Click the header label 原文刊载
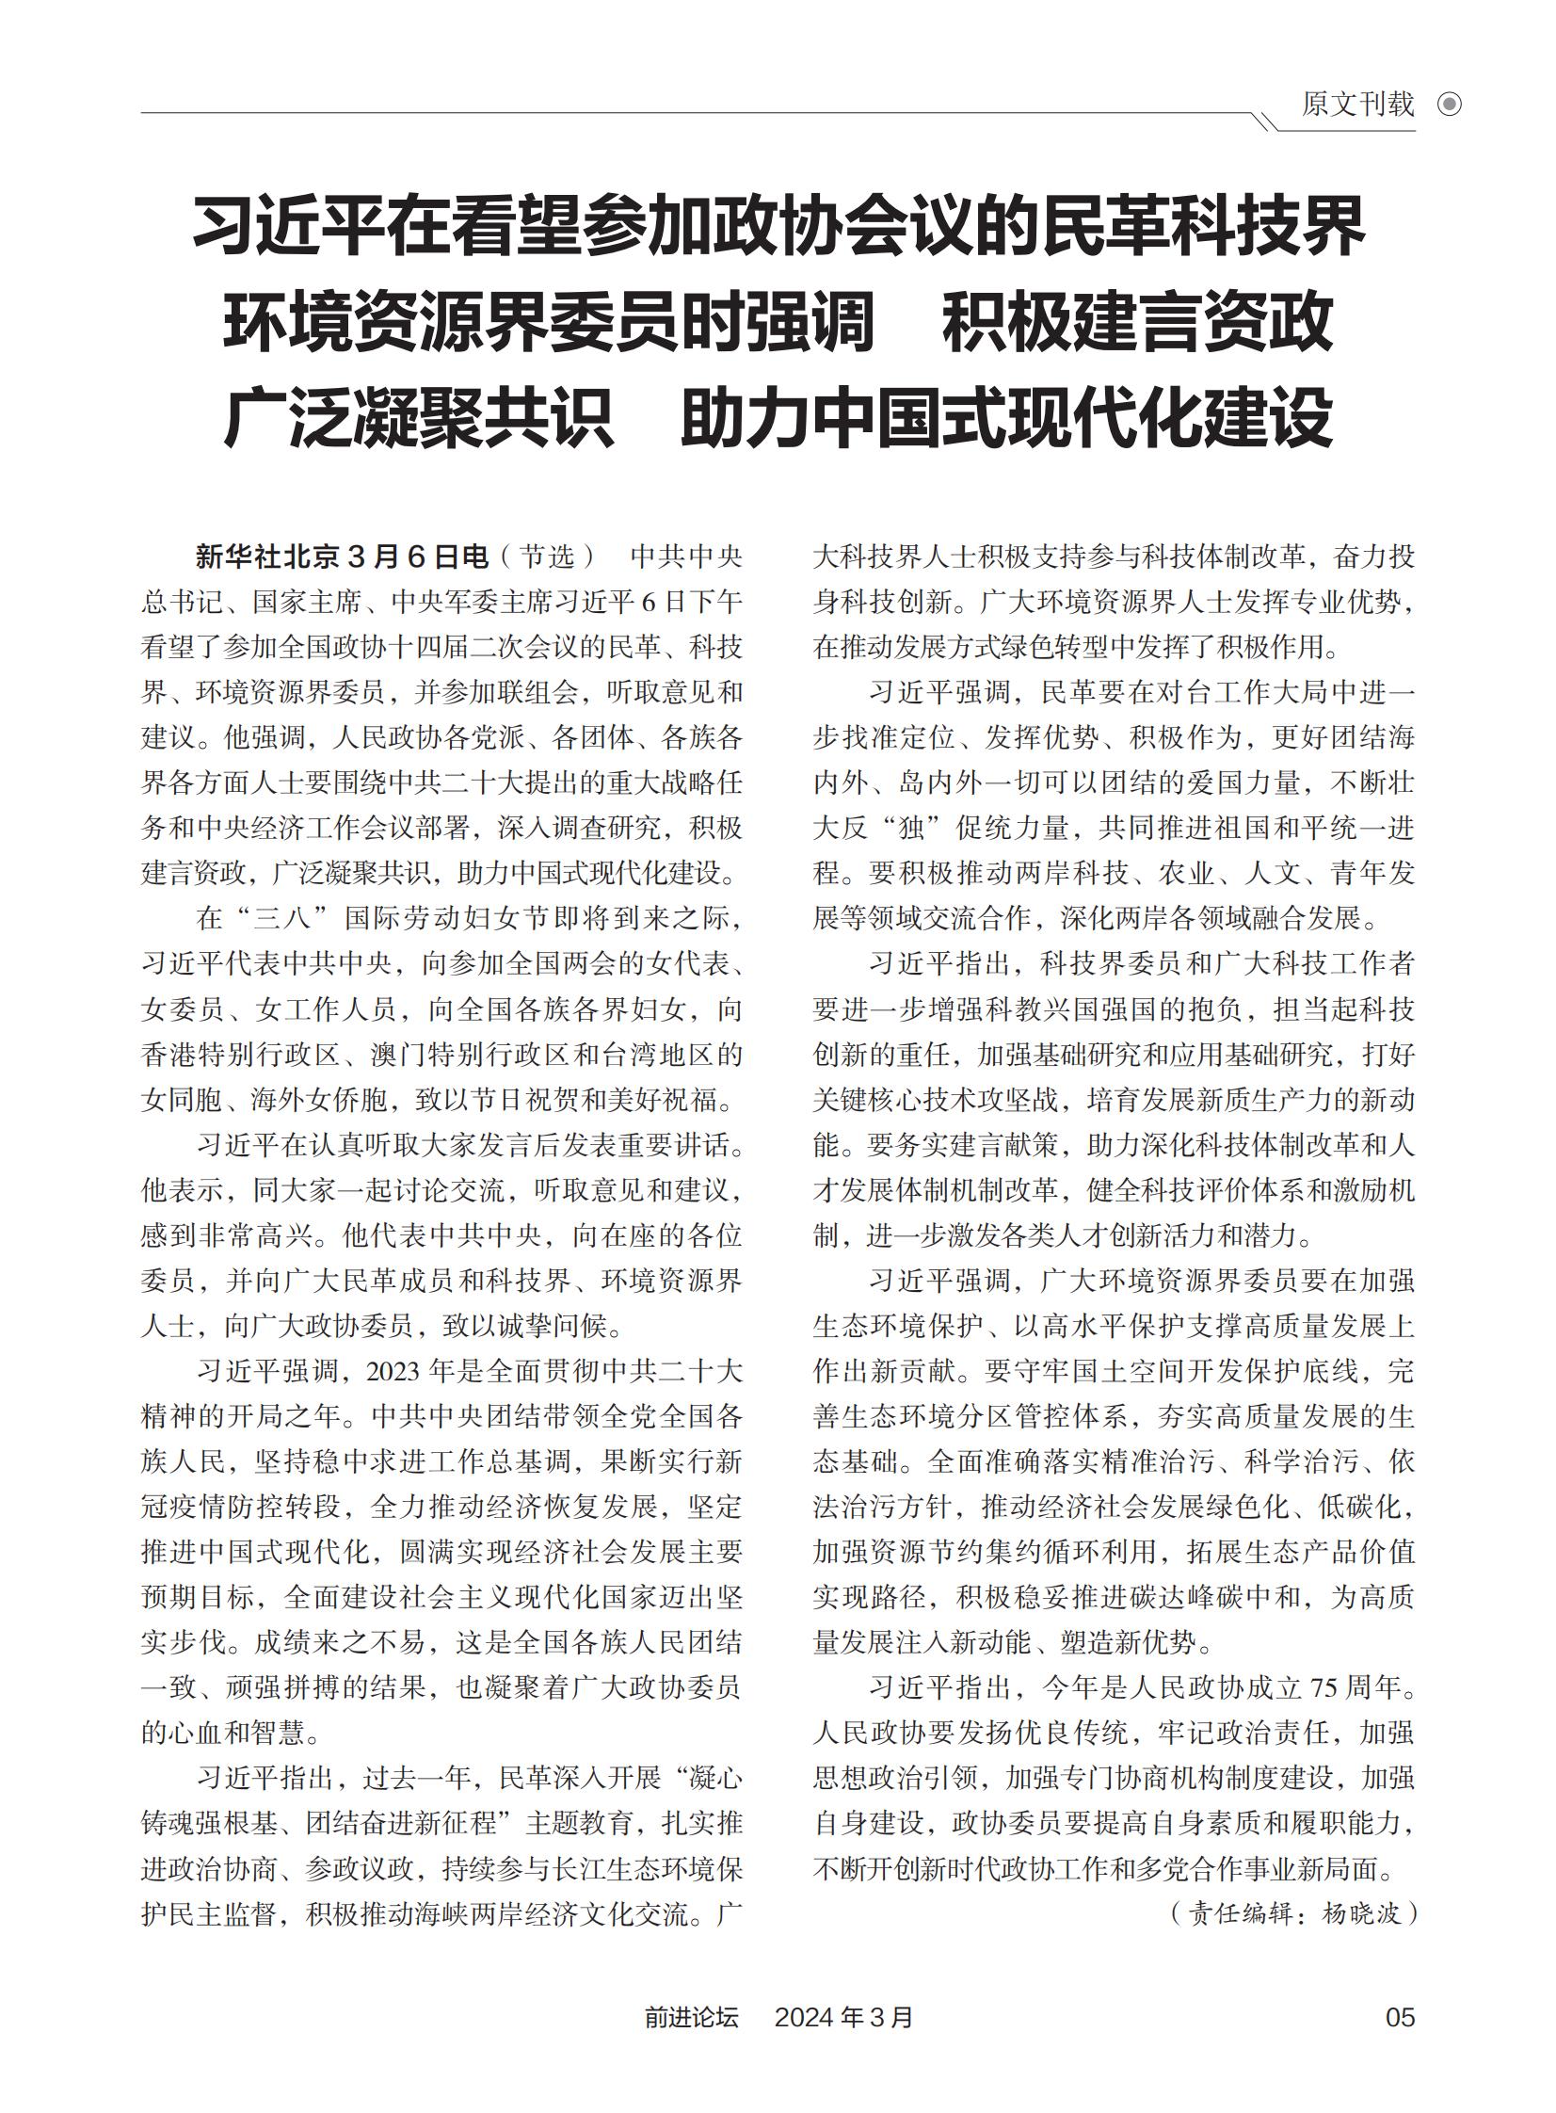coord(1357,104)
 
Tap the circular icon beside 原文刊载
coord(1450,105)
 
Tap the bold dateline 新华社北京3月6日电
coord(342,556)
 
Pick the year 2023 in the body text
coord(393,1372)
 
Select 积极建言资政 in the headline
coord(1138,321)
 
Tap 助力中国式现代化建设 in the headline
coord(1006,416)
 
